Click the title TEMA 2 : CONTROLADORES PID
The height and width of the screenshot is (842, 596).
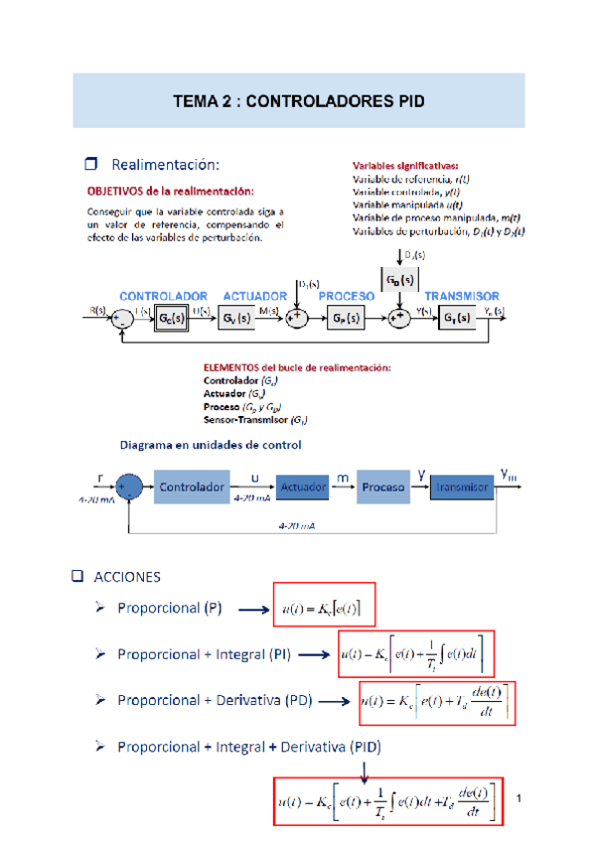click(x=298, y=100)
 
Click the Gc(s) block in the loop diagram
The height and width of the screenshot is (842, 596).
click(x=171, y=318)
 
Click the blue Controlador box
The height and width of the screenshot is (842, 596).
click(x=190, y=488)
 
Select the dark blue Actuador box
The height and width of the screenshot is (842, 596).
click(x=303, y=488)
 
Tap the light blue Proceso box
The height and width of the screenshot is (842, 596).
click(x=383, y=488)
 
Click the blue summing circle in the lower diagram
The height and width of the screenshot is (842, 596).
click(x=130, y=487)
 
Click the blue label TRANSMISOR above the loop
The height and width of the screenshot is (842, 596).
click(x=462, y=296)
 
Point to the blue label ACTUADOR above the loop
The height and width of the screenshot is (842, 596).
click(x=254, y=296)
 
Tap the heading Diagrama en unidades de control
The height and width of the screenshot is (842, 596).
click(x=211, y=444)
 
